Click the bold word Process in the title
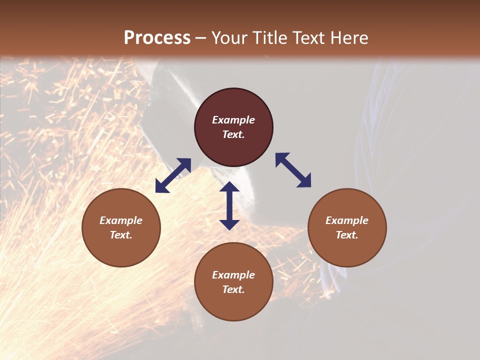tap(157, 38)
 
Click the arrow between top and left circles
tap(173, 175)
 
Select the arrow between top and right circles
tap(293, 170)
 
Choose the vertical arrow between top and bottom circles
tap(229, 205)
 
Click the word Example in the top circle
tap(233, 120)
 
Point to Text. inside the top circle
tap(233, 134)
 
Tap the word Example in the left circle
tap(121, 220)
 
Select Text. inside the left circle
tap(121, 235)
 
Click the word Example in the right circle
tap(347, 220)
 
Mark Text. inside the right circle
tap(347, 235)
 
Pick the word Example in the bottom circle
tap(233, 275)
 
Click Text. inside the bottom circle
tap(233, 289)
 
